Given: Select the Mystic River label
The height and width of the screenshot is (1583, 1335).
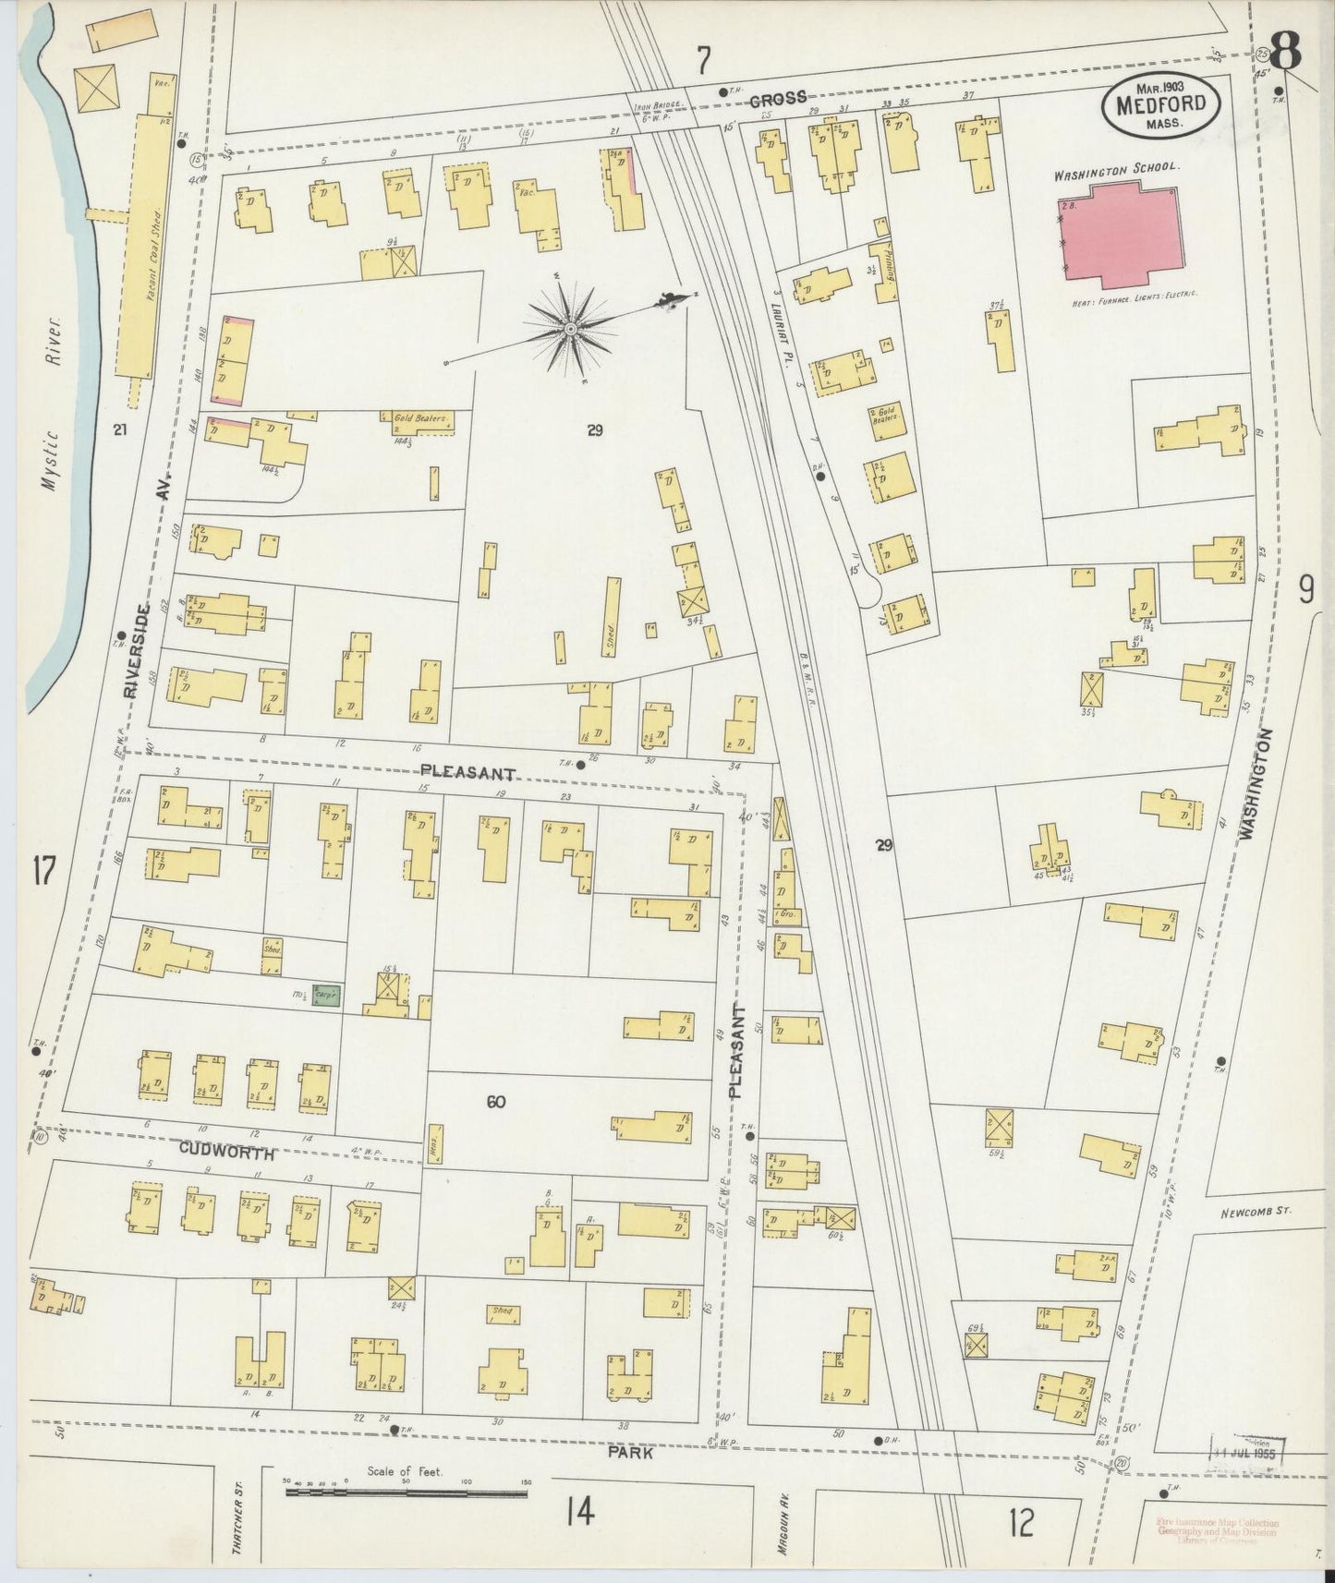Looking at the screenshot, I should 54,395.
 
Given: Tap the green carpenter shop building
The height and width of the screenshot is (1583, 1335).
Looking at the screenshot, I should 326,995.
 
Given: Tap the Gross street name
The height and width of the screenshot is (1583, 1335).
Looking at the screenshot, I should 778,97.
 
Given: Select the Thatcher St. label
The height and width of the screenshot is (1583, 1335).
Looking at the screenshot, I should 237,1526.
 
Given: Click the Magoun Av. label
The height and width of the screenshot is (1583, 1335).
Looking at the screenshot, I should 782,1529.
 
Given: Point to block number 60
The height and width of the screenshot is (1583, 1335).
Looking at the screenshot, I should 495,1101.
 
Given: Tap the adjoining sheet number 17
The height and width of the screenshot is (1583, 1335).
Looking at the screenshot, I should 42,871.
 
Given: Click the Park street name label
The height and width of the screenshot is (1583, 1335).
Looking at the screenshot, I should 632,1452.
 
